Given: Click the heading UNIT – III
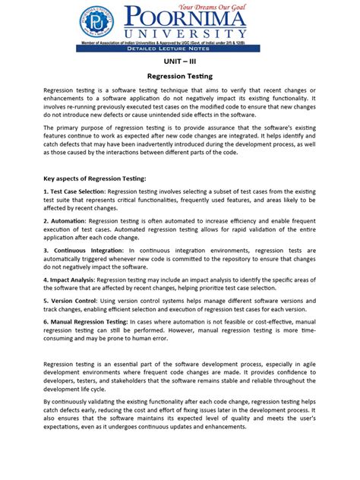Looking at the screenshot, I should click(x=179, y=61).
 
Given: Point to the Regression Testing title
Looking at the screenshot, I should click(x=179, y=77).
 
